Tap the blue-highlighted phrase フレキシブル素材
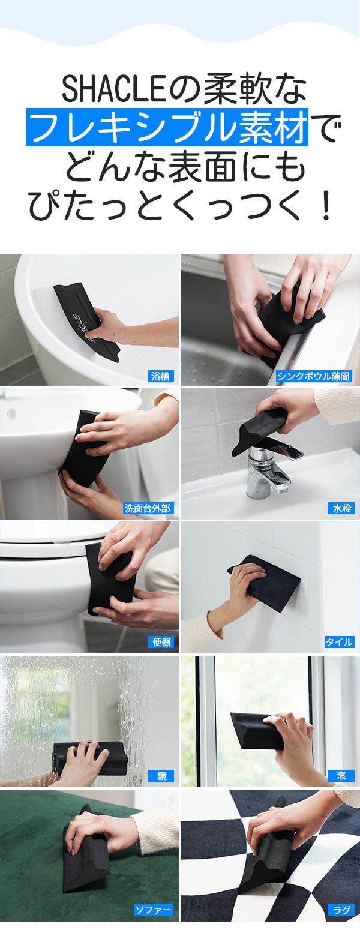[167, 127]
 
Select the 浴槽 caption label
[161, 377]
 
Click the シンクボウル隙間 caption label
[314, 377]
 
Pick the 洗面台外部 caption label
[148, 508]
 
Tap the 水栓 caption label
[341, 508]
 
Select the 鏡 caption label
[161, 776]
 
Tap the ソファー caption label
[152, 910]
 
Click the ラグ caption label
[341, 910]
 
